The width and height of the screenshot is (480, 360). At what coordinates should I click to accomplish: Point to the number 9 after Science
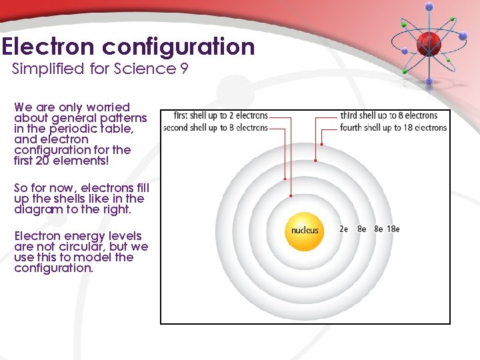[x=183, y=69]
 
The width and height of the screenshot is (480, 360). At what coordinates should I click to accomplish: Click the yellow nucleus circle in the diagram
[x=305, y=231]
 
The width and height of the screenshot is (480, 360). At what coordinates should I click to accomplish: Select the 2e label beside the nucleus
[x=344, y=229]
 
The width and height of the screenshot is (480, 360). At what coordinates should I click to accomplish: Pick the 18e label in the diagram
[x=393, y=229]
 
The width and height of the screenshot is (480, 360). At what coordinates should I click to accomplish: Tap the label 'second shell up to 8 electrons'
[x=215, y=127]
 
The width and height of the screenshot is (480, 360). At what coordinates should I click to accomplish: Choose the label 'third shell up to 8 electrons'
[x=389, y=115]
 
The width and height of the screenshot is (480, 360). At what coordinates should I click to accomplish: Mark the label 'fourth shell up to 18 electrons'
[x=393, y=127]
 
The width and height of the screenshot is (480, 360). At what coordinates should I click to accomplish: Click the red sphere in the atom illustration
[x=427, y=43]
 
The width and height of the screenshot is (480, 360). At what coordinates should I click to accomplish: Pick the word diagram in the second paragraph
[x=37, y=209]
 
